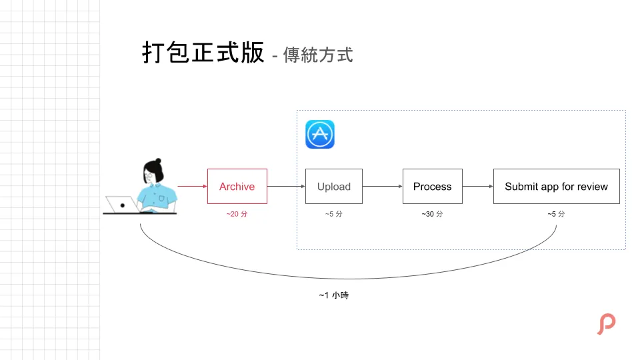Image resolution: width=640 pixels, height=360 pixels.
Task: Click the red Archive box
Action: (237, 187)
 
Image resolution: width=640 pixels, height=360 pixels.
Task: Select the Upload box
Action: (334, 187)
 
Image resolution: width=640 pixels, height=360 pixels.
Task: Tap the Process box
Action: (432, 187)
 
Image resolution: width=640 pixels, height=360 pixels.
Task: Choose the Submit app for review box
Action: (556, 187)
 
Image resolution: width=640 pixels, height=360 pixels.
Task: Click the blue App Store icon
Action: (320, 134)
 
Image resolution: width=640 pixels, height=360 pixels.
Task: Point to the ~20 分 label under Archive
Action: (237, 214)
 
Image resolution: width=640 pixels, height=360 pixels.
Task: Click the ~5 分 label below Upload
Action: (334, 214)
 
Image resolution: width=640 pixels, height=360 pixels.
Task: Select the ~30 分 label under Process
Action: (432, 214)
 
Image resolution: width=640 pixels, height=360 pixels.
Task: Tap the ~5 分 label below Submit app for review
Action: (556, 214)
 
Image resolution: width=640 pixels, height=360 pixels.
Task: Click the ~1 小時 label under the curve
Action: (333, 295)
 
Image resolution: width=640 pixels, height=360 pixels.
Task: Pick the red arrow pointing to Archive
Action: (192, 187)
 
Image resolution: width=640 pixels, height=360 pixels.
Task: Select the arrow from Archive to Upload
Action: (286, 187)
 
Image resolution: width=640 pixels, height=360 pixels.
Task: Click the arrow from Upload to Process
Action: (383, 187)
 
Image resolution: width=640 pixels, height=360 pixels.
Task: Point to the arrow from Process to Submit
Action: (478, 187)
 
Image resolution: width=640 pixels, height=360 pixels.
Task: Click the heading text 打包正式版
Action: (203, 53)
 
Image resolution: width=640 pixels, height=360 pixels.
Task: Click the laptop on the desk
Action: (122, 205)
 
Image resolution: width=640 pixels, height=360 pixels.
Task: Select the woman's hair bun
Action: (157, 163)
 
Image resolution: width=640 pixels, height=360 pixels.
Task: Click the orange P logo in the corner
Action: (606, 324)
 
